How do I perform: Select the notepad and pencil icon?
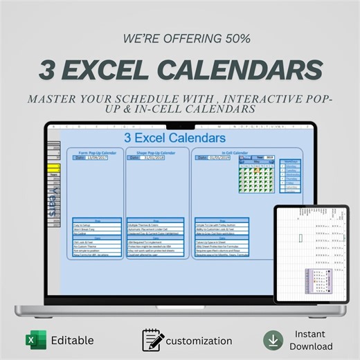[153, 341]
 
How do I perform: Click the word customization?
[200, 341]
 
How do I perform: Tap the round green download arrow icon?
[273, 340]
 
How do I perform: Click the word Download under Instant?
[311, 346]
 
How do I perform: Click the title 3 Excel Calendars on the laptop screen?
[175, 138]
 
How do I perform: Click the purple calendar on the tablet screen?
[316, 283]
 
